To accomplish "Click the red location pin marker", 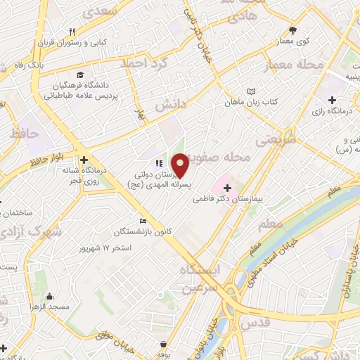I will [x=181, y=165].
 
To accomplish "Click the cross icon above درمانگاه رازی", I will [x=332, y=100].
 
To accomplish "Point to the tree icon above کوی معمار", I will [x=293, y=30].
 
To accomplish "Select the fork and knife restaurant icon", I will [x=72, y=31].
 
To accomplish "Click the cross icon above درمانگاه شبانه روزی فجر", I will [x=84, y=160].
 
